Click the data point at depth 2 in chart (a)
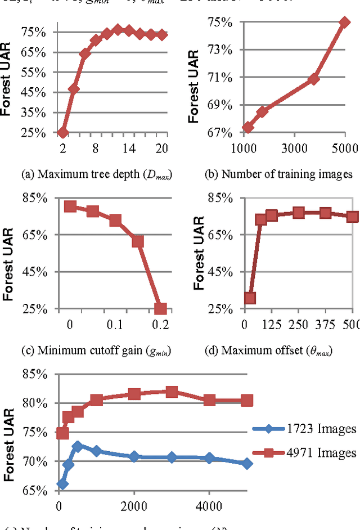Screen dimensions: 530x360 (62, 133)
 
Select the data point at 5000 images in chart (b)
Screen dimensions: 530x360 (345, 23)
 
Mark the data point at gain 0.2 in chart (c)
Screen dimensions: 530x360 (160, 308)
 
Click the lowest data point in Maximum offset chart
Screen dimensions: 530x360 (250, 298)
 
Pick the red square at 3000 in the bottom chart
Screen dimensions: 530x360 (172, 392)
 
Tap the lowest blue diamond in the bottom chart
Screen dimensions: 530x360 (62, 484)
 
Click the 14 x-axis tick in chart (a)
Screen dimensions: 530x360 (129, 149)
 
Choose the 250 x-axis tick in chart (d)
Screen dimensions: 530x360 (298, 325)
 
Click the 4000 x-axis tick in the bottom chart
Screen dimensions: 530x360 (209, 505)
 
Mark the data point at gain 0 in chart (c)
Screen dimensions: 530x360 (70, 206)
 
